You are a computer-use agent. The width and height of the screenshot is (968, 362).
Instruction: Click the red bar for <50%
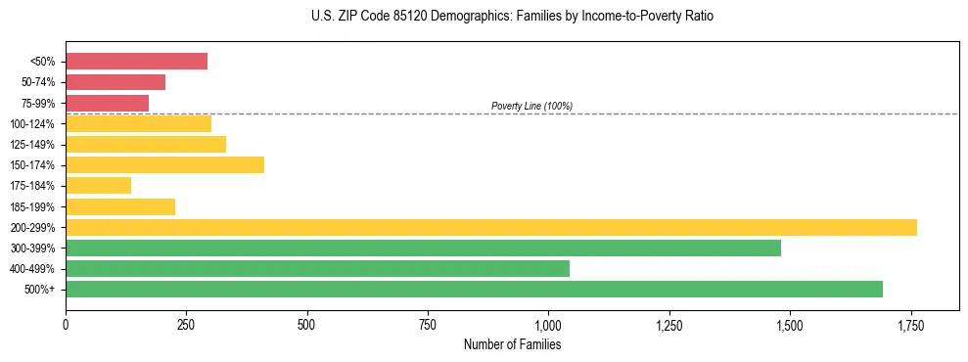(136, 62)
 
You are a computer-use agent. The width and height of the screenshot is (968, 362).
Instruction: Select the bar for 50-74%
(115, 82)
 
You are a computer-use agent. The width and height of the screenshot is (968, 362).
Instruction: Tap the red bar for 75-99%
(107, 103)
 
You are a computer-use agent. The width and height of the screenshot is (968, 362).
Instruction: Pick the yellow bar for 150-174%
(164, 164)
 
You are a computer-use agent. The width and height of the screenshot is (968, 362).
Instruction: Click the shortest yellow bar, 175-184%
(98, 185)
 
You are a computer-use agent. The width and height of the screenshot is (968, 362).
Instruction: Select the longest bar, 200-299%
(490, 227)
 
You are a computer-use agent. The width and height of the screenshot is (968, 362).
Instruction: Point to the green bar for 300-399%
(423, 248)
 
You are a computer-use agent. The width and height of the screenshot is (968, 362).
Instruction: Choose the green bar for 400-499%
(317, 268)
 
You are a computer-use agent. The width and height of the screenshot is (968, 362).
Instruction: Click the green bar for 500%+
(474, 289)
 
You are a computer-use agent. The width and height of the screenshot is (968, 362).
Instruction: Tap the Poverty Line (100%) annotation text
(531, 106)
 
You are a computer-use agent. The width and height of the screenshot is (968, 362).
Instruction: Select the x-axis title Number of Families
(512, 344)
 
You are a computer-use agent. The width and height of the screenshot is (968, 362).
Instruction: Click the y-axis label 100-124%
(32, 124)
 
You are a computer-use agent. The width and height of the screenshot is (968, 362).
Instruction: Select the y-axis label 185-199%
(32, 206)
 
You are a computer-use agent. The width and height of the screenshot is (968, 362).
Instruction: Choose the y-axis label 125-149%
(32, 145)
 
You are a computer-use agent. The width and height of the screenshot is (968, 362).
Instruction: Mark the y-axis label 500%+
(40, 290)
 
